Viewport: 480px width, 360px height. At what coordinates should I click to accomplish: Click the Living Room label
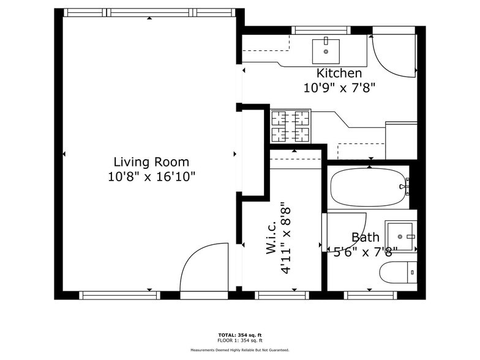(x=151, y=162)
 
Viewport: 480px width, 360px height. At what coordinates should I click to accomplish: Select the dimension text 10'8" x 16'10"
(x=151, y=176)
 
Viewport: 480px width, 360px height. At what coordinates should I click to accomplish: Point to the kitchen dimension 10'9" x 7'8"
(x=339, y=88)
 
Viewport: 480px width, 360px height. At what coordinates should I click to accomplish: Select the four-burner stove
(x=291, y=126)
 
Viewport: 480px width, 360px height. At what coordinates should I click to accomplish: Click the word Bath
(x=365, y=238)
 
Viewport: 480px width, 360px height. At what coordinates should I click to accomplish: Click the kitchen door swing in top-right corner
(x=392, y=55)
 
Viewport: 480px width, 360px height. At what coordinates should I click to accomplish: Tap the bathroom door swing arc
(x=347, y=228)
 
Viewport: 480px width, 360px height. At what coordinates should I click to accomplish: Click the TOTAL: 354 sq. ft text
(x=239, y=335)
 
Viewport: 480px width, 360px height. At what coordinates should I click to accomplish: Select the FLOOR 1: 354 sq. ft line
(x=239, y=340)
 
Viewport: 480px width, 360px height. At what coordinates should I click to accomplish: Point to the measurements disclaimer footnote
(x=239, y=350)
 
